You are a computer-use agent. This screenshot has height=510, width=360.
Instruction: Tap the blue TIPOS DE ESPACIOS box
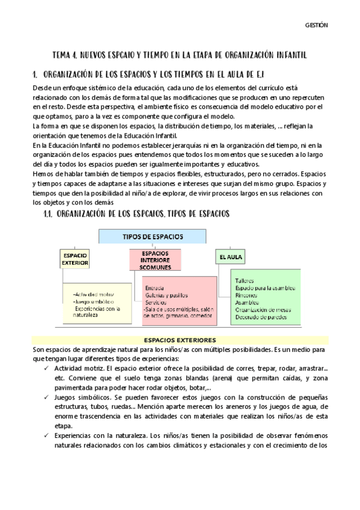(x=153, y=236)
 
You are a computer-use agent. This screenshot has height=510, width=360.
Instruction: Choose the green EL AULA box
(x=230, y=257)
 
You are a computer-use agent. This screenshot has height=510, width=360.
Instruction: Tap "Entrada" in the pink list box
(x=155, y=287)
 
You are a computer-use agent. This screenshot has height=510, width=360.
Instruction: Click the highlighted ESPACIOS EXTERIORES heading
(x=180, y=340)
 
